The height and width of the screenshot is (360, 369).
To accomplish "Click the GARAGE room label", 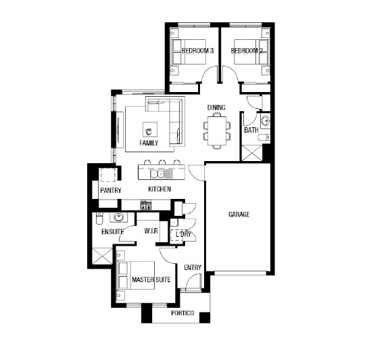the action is (239, 215).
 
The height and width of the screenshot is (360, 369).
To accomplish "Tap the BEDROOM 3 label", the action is (197, 51).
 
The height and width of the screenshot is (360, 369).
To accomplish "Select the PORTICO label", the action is (182, 313).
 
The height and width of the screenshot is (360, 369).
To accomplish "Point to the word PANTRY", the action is (111, 190).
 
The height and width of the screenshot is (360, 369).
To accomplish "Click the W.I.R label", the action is (151, 231).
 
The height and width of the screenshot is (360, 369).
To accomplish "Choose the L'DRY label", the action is (183, 234).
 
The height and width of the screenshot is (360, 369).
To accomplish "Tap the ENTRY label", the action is (193, 268).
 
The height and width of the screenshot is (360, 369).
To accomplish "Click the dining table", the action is (217, 131).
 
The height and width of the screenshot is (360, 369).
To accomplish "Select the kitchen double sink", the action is (157, 174).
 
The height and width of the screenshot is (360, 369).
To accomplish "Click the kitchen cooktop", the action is (146, 205).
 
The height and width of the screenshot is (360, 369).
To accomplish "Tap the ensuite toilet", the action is (99, 218).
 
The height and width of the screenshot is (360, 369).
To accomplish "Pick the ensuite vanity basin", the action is (118, 217).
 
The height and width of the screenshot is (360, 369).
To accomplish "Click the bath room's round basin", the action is (265, 121).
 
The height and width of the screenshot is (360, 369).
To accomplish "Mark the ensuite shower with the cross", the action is (102, 256).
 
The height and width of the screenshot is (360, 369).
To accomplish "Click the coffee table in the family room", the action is (150, 129).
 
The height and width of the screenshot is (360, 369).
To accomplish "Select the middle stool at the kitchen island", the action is (162, 162).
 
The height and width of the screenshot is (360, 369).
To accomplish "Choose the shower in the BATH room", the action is (252, 153).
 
